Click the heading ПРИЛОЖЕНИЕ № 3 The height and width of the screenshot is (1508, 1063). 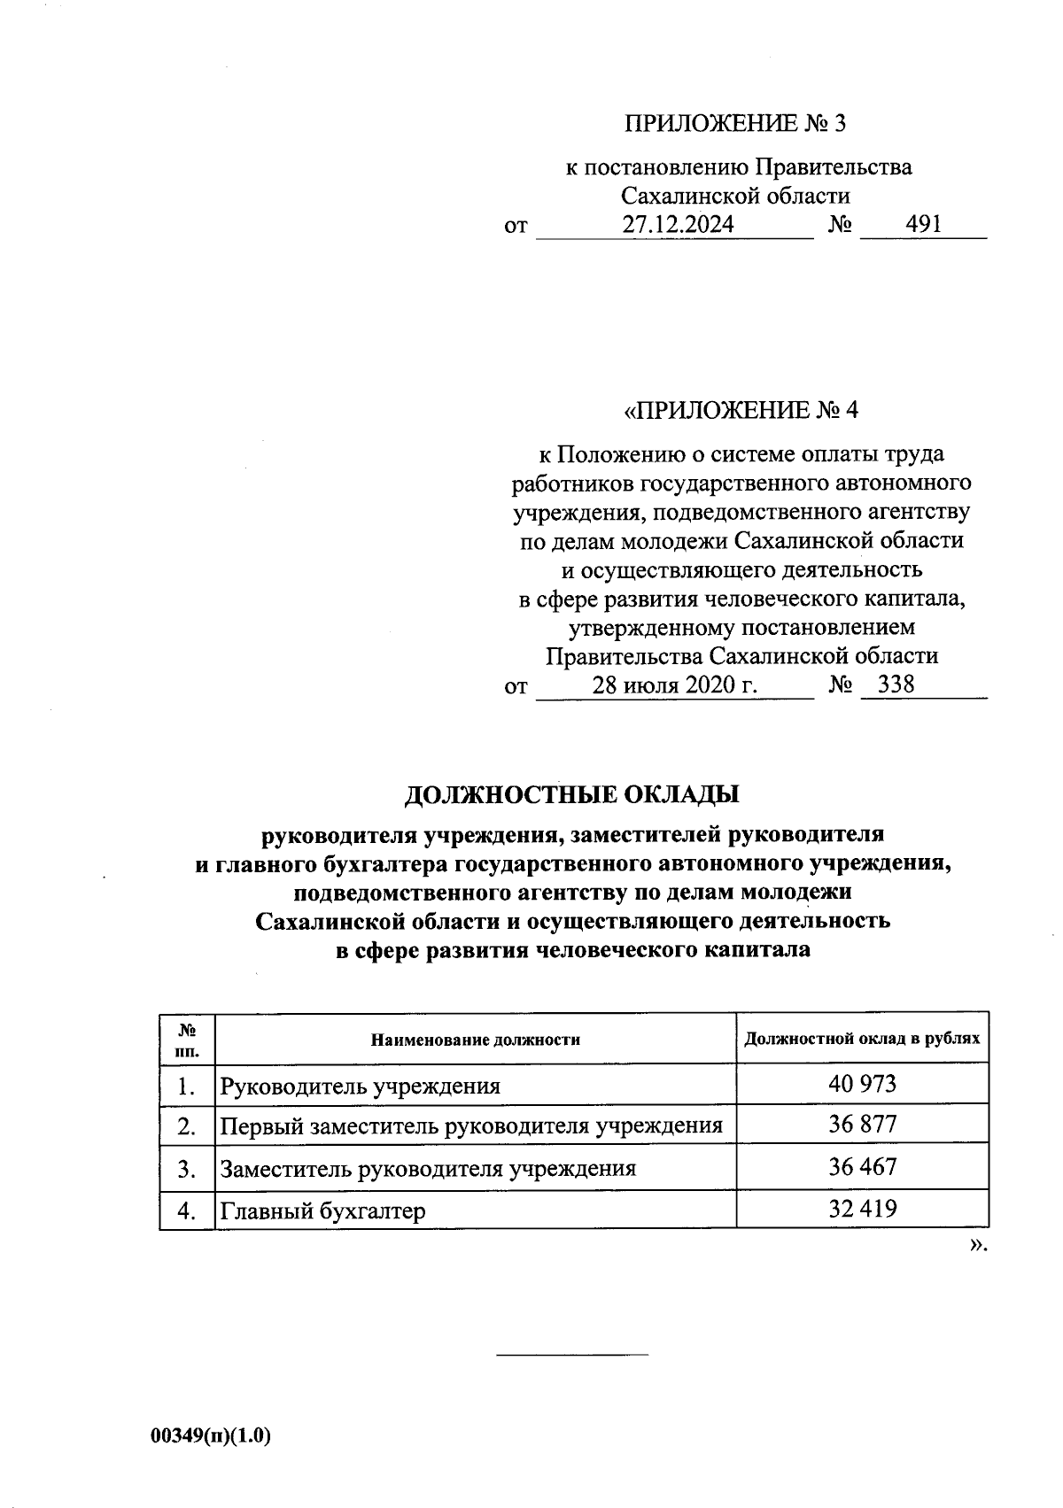coord(735,123)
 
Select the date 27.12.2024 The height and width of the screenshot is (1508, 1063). coord(677,225)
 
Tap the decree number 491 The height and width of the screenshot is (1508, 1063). coord(923,225)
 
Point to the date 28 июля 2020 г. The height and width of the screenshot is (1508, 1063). coord(675,685)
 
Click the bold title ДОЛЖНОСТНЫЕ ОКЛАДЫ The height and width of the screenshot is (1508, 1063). coord(571,794)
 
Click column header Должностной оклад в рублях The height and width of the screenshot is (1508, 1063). coord(862,1038)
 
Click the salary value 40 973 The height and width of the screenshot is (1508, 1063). coord(862,1084)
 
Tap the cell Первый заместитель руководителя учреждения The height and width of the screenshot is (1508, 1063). coord(470,1126)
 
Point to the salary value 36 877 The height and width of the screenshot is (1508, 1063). coord(862,1125)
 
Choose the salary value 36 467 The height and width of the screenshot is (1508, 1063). coord(862,1166)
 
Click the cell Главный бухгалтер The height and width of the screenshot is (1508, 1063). coord(322,1210)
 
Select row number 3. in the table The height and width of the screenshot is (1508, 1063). coord(186,1168)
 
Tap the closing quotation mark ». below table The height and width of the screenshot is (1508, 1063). coord(977,1246)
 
